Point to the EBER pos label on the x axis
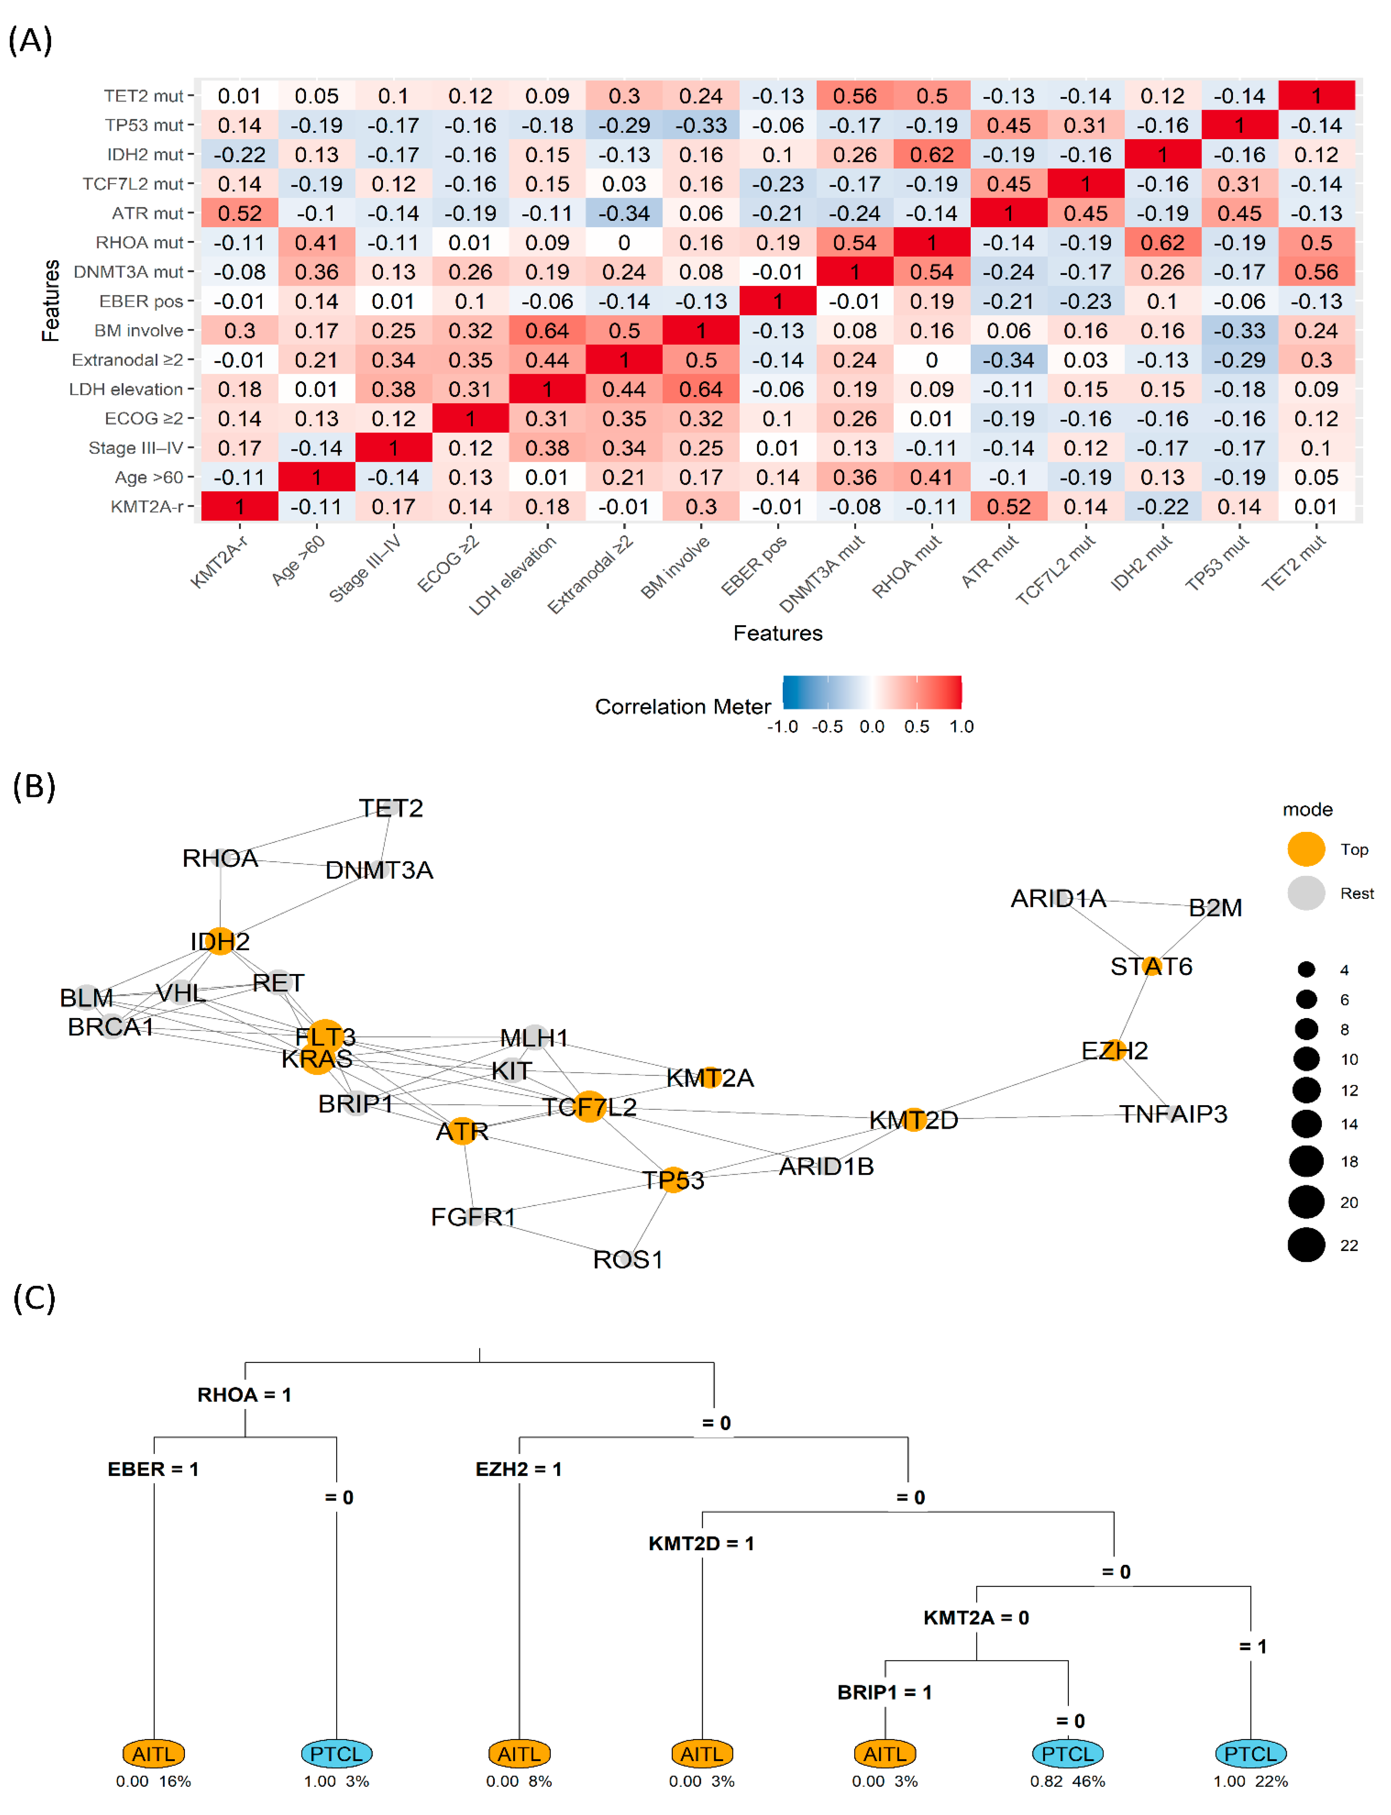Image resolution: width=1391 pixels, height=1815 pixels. (x=754, y=565)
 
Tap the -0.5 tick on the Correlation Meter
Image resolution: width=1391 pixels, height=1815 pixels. (x=827, y=727)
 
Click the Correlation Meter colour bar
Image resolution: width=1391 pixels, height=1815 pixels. (x=872, y=692)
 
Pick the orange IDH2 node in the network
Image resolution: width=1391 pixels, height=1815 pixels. (x=220, y=941)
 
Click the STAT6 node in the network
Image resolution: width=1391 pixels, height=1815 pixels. (x=1151, y=966)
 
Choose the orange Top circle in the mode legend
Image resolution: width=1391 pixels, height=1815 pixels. (x=1306, y=849)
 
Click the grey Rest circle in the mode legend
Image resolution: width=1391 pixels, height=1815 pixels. (x=1306, y=893)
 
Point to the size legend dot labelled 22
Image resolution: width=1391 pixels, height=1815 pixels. (x=1306, y=1245)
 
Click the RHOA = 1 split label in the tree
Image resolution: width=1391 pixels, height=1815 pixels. (x=244, y=1395)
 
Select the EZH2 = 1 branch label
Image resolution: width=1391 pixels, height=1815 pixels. (x=518, y=1469)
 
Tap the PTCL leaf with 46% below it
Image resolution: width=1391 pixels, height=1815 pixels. (x=1067, y=1753)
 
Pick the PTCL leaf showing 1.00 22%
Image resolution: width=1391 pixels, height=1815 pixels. (x=1250, y=1753)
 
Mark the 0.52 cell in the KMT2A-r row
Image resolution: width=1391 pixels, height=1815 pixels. (x=1008, y=507)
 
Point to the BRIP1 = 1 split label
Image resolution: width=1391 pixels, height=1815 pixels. (x=884, y=1692)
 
